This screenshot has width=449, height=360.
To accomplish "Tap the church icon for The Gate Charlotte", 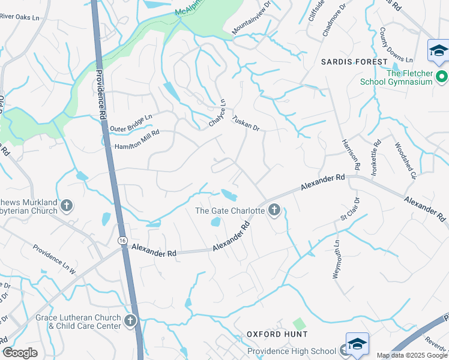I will click(274, 210).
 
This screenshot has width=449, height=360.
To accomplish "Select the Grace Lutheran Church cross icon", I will click(130, 320).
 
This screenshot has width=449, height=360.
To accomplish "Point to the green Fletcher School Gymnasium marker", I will click(442, 77).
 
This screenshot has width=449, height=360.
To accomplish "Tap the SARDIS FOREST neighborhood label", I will click(354, 62).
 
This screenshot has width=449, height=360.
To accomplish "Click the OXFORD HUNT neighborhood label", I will click(277, 334).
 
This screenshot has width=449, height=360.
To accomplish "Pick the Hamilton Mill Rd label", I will click(137, 142).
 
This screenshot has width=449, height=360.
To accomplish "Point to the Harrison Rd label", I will click(350, 154).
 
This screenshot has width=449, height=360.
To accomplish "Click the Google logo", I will click(20, 353).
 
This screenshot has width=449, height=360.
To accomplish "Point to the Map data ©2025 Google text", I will click(411, 355).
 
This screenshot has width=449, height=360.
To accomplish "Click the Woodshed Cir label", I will click(405, 160).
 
